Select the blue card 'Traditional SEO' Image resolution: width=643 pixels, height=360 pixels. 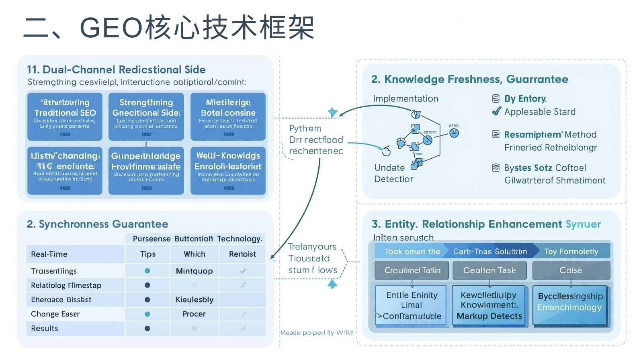pyautogui.click(x=65, y=116)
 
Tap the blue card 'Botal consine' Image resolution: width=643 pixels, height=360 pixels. pyautogui.click(x=228, y=116)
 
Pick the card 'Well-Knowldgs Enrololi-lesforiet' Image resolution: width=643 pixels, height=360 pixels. pyautogui.click(x=228, y=171)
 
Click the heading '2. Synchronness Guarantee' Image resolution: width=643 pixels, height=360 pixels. pyautogui.click(x=97, y=224)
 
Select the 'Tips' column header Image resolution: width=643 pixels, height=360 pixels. pyautogui.click(x=147, y=254)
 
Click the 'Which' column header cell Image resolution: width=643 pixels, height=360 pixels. pyautogui.click(x=194, y=254)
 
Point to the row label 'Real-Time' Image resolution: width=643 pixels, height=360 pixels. pyautogui.click(x=49, y=254)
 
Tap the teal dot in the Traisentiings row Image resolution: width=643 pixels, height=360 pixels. pyautogui.click(x=147, y=271)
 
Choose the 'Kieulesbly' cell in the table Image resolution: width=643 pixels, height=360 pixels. pyautogui.click(x=194, y=300)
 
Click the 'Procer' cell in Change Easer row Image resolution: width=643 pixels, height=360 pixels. pyautogui.click(x=194, y=314)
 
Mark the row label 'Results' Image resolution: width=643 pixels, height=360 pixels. pyautogui.click(x=45, y=328)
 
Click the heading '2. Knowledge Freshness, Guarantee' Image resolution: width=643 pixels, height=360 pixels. pyautogui.click(x=469, y=79)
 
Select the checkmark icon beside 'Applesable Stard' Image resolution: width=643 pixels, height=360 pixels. pyautogui.click(x=496, y=111)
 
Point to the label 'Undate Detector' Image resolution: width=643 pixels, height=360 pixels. pyautogui.click(x=393, y=173)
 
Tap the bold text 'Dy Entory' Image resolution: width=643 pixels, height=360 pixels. pyautogui.click(x=525, y=98)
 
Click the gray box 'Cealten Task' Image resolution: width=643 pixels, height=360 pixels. pyautogui.click(x=489, y=270)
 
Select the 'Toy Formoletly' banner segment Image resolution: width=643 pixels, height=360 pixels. pyautogui.click(x=571, y=252)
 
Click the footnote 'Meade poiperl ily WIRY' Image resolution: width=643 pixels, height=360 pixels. pyautogui.click(x=317, y=333)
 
